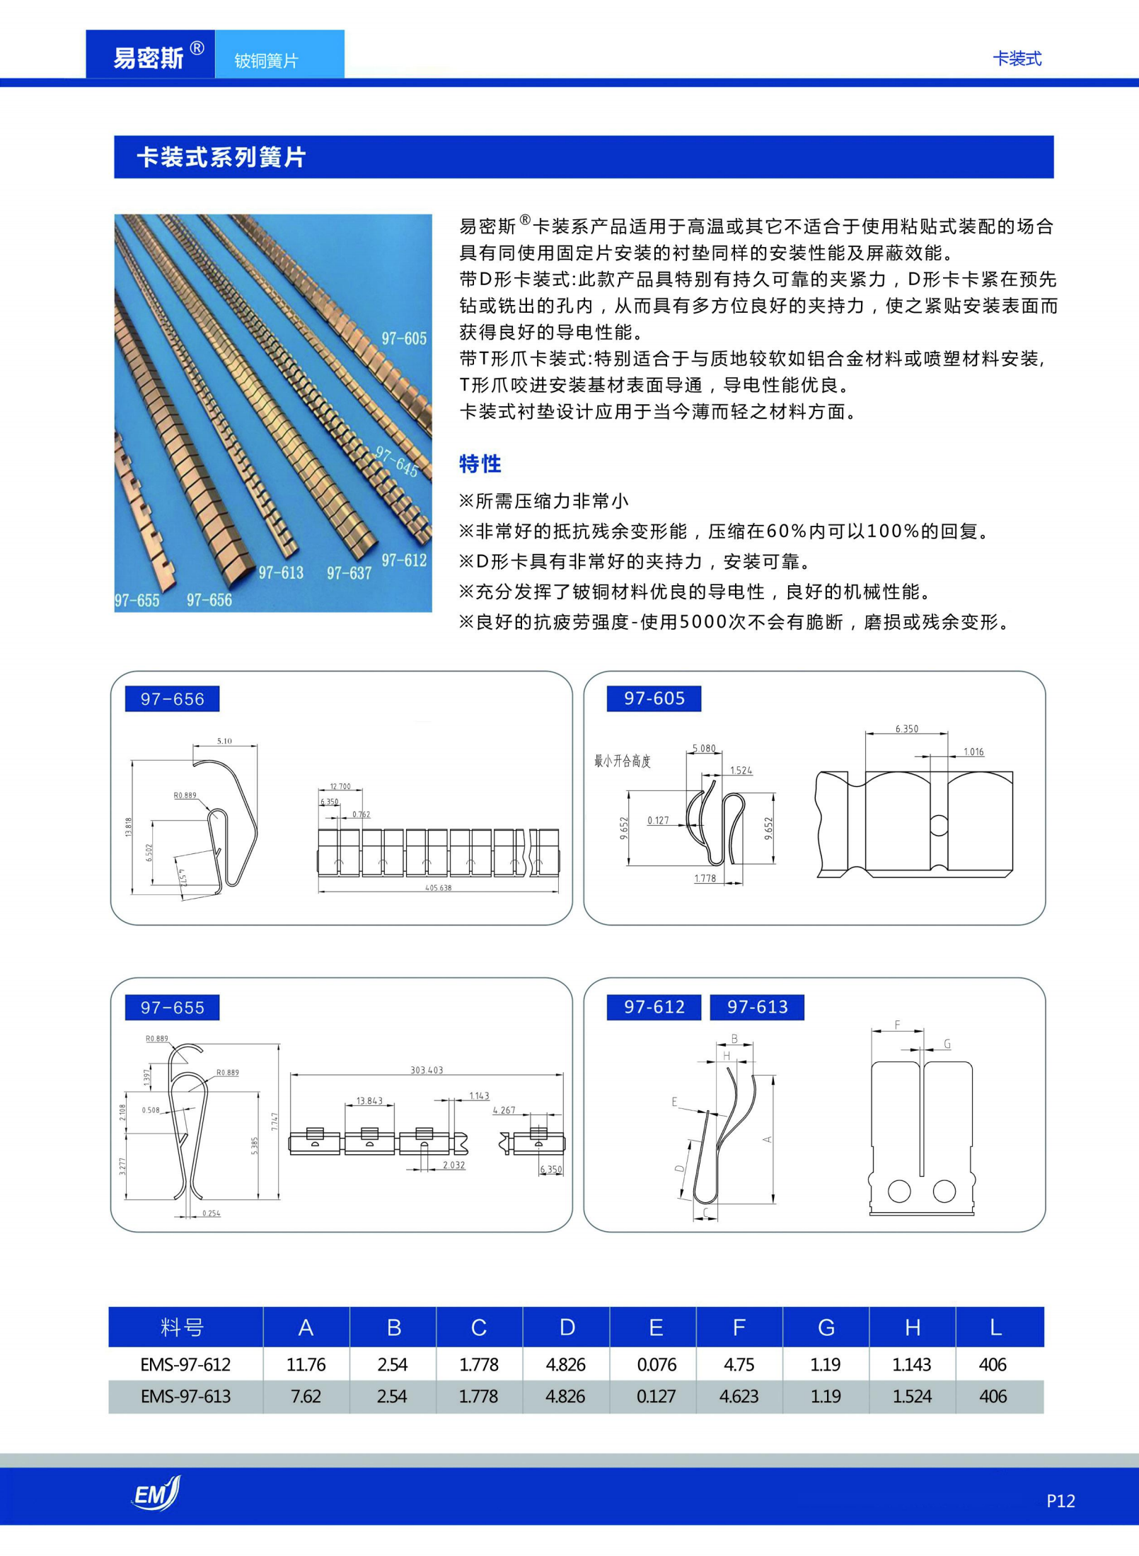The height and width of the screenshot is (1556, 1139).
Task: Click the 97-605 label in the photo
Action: pos(404,338)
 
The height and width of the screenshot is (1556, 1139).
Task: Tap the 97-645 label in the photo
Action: pos(396,461)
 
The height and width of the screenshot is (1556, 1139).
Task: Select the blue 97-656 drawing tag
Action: pos(172,698)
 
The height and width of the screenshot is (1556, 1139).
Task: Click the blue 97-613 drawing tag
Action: pos(757,1006)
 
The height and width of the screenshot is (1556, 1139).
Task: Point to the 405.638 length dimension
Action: pos(438,887)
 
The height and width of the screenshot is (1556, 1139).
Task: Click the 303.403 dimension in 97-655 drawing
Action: pos(427,1070)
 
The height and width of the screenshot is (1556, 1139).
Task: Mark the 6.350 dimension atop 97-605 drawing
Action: pos(906,728)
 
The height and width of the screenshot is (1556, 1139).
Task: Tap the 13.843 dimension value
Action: pos(369,1101)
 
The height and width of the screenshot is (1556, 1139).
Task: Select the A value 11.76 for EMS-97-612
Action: pos(306,1364)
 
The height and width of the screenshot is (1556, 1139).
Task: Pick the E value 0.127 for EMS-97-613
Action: pos(656,1396)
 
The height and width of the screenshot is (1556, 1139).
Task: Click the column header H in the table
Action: pos(913,1327)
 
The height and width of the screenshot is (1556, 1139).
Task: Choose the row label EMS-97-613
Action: pos(185,1396)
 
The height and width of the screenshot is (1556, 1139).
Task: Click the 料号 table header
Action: pos(182,1327)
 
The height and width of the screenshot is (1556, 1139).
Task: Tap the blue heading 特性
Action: pos(480,464)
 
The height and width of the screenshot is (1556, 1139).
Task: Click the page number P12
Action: pos(1060,1501)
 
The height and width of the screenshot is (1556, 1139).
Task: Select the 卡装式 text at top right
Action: pos(1017,59)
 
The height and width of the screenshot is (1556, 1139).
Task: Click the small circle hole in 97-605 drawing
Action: pos(938,824)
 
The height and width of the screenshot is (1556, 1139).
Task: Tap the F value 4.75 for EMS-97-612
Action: pos(739,1364)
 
